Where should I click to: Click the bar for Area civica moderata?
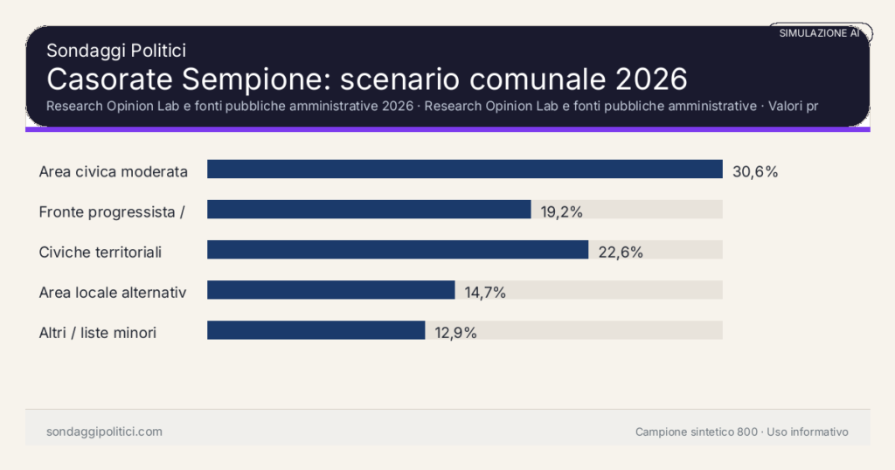(464, 169)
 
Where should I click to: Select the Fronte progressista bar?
(369, 210)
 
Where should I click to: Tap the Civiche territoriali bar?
(398, 250)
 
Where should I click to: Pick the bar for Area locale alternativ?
(331, 290)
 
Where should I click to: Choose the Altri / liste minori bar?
(316, 330)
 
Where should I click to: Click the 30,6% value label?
(755, 171)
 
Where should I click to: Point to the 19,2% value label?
(561, 211)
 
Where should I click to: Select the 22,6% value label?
(621, 252)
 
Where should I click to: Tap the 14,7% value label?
(485, 293)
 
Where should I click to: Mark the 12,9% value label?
(455, 333)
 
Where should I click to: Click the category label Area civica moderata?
(114, 171)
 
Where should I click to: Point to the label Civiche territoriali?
(101, 252)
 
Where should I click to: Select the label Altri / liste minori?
(98, 333)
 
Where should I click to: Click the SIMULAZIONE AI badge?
(819, 33)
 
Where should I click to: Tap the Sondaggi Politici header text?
(116, 51)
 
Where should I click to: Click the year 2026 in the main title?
(651, 79)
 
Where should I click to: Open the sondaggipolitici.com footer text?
(104, 432)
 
